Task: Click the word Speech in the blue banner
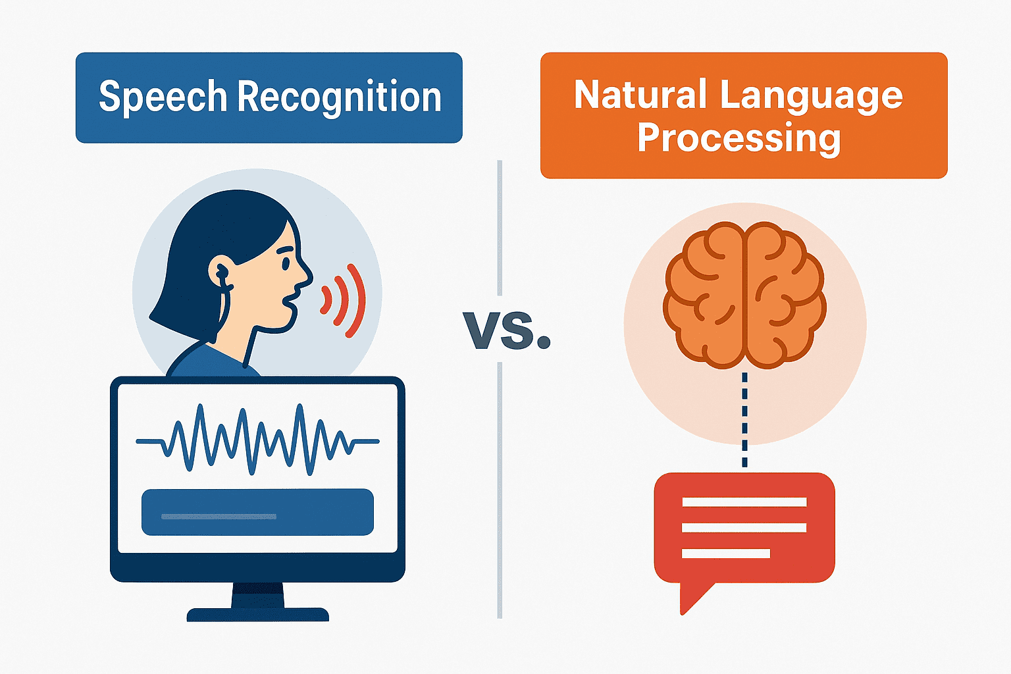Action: point(163,97)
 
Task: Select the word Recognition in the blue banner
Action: point(340,97)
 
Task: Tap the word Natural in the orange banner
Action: point(640,94)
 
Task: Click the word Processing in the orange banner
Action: point(739,138)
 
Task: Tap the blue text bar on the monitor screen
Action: point(257,512)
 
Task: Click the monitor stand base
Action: point(258,614)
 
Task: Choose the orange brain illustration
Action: point(744,296)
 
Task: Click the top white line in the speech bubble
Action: point(744,502)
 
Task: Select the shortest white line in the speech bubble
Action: point(726,553)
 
